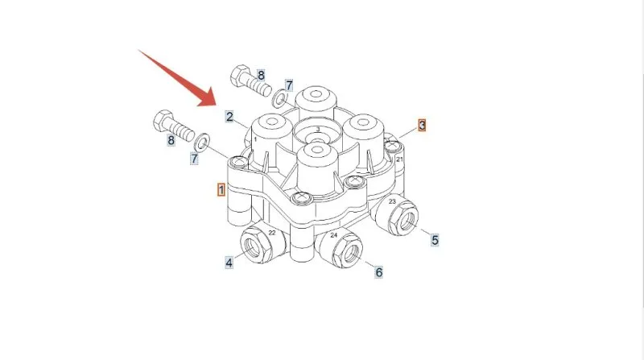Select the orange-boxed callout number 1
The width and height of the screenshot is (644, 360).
pos(221,190)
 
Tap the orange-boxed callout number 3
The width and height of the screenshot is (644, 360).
pos(422,125)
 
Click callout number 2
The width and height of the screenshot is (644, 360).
pos(229,117)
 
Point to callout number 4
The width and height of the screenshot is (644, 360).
pos(229,263)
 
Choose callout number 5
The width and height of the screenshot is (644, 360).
pos(435,239)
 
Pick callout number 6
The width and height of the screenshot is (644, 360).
pos(378,271)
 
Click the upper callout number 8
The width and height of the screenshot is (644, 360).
pos(261,75)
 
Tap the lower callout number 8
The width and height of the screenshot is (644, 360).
pos(171,140)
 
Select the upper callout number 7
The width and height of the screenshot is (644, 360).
pos(289,85)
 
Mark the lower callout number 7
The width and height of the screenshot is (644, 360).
pos(194,158)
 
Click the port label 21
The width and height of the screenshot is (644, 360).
pos(399,159)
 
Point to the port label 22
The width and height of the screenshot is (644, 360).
pos(272,233)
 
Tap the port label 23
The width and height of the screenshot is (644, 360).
pos(392,201)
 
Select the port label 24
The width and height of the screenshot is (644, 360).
pos(333,235)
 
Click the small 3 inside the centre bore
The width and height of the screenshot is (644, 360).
pos(317,130)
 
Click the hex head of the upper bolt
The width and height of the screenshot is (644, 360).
pos(240,75)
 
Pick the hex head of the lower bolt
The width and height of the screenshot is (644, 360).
pos(164,121)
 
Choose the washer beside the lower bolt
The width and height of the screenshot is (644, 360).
pos(202,142)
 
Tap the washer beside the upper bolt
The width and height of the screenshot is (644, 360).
pos(280,97)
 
